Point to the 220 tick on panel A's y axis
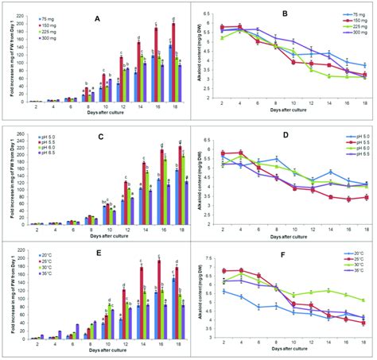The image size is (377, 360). [21, 14]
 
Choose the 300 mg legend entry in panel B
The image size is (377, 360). [347, 33]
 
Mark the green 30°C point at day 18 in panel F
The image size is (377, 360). [363, 300]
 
